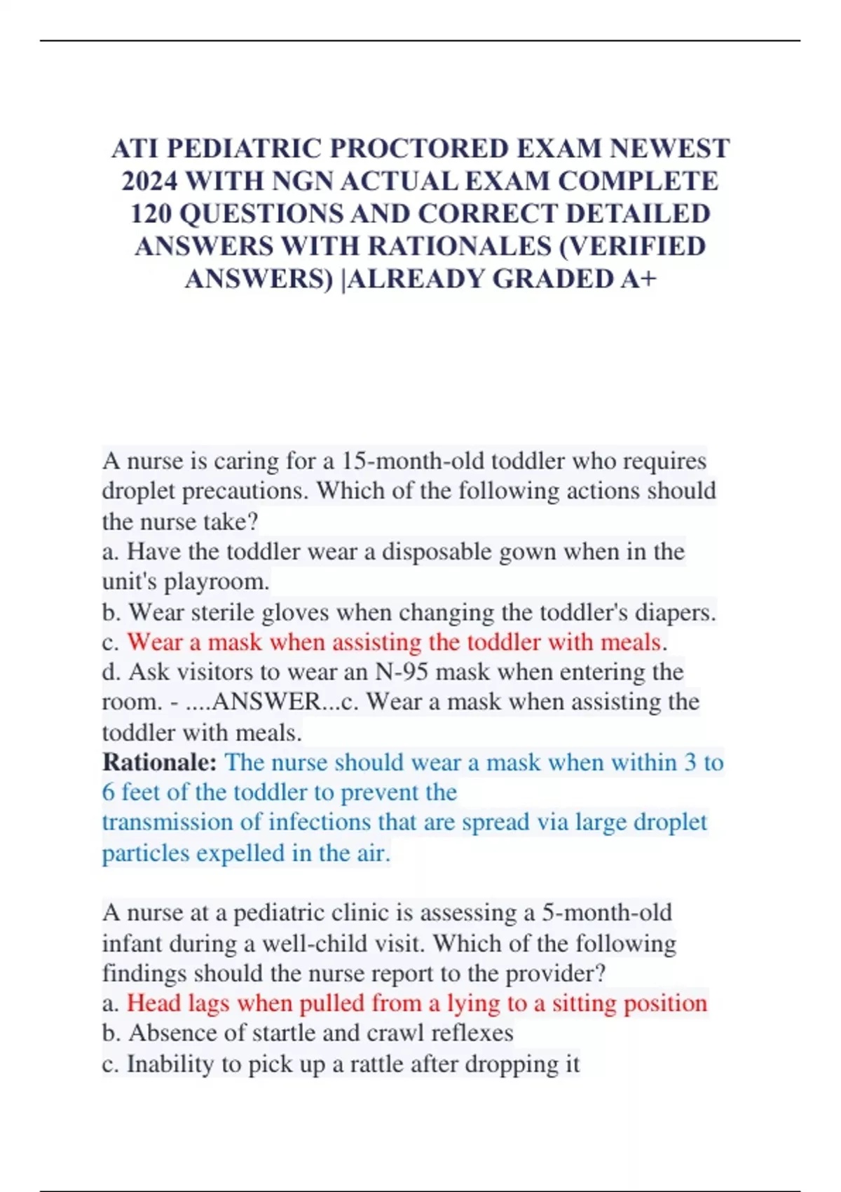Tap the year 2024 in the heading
149,182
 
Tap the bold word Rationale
159,763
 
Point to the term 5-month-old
607,913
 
